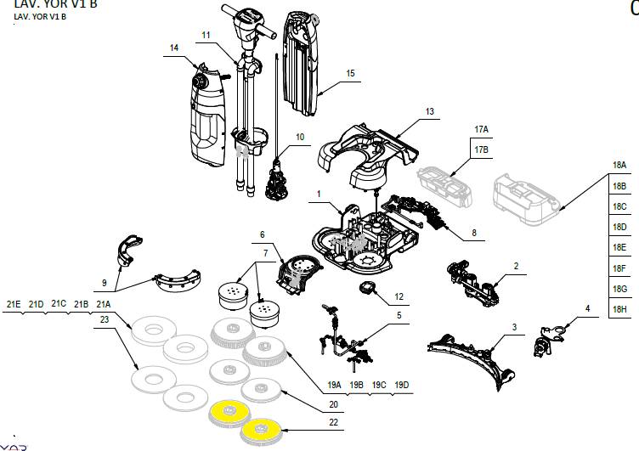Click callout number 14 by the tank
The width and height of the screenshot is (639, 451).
[174, 48]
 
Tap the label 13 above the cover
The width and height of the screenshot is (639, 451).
[429, 112]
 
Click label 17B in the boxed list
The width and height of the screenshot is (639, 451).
[481, 149]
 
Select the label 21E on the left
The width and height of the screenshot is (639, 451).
[14, 304]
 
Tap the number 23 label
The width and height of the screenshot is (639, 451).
[105, 319]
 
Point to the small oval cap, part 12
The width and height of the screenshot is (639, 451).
[369, 289]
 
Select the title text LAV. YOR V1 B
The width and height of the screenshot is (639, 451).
[44, 5]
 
